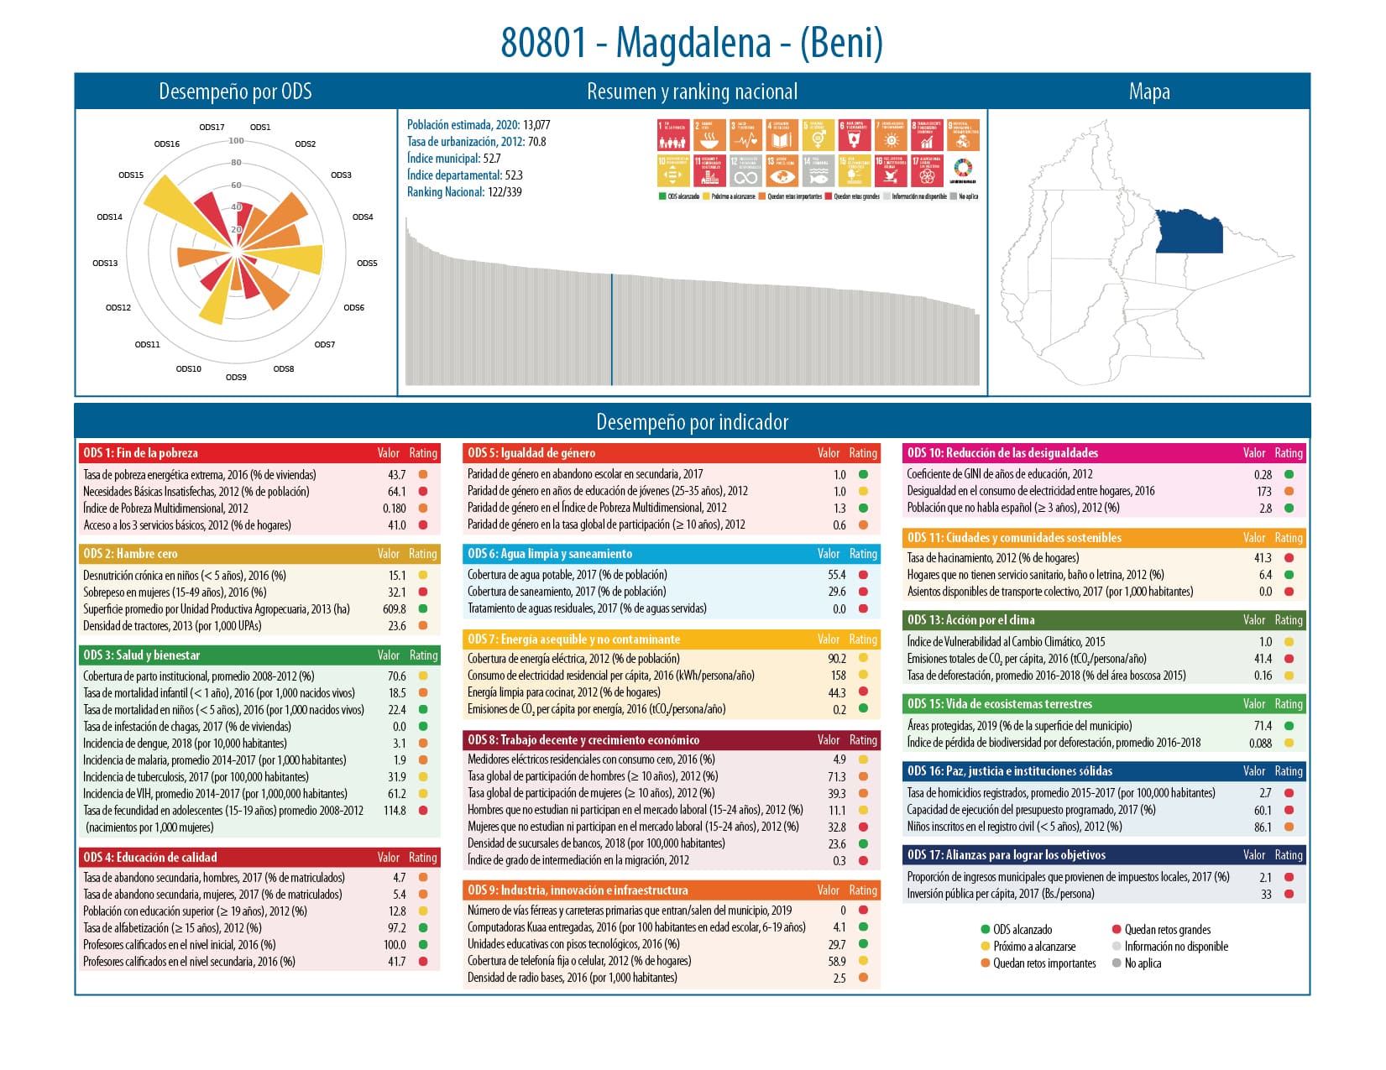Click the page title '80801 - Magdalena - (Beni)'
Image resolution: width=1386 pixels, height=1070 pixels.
click(x=692, y=43)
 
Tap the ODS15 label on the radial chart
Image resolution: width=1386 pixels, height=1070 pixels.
click(x=131, y=175)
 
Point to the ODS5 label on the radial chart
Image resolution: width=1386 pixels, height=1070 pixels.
click(x=367, y=264)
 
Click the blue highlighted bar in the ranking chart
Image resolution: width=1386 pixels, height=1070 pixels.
click(x=611, y=329)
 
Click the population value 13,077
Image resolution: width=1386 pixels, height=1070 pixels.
click(x=536, y=125)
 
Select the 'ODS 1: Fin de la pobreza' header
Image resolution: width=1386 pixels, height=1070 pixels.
click(x=141, y=453)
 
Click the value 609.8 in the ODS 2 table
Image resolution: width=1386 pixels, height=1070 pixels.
click(x=394, y=609)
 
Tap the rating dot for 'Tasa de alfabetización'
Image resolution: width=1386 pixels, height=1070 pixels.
click(x=423, y=928)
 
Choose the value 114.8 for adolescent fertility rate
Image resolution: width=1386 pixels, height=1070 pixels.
click(x=394, y=811)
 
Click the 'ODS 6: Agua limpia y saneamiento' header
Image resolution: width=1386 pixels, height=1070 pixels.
click(x=550, y=554)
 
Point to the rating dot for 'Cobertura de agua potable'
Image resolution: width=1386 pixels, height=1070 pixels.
click(x=863, y=575)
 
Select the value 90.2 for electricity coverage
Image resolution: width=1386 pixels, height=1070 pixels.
click(x=836, y=659)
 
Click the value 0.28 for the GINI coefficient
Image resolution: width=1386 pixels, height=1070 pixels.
click(x=1263, y=474)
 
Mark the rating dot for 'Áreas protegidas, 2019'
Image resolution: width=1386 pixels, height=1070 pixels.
click(x=1289, y=726)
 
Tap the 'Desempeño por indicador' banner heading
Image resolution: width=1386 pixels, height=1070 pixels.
click(x=692, y=421)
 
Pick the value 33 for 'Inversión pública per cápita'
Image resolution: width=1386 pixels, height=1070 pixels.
click(x=1266, y=895)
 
